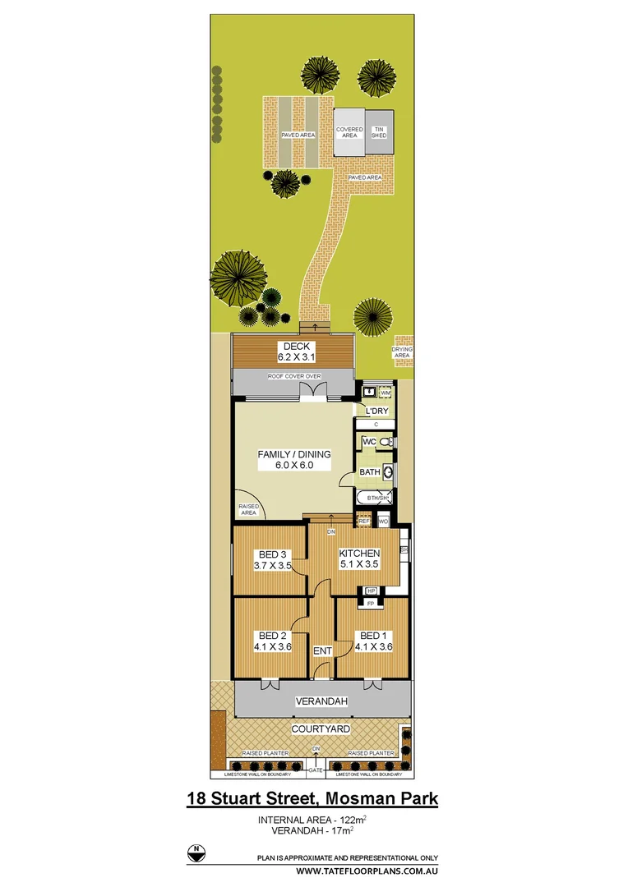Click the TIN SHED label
pos(379,132)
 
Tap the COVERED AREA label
pos(349,132)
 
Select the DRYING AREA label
pos(403,352)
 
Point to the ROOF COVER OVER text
pos(293,376)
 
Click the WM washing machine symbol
pos(386,394)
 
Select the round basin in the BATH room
pos(387,472)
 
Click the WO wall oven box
pos(383,521)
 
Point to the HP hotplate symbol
pos(371,591)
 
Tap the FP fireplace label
pos(371,604)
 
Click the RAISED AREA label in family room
pos(249,508)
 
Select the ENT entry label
pos(322,650)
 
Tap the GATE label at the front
pos(316,771)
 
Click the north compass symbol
pos(196,853)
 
